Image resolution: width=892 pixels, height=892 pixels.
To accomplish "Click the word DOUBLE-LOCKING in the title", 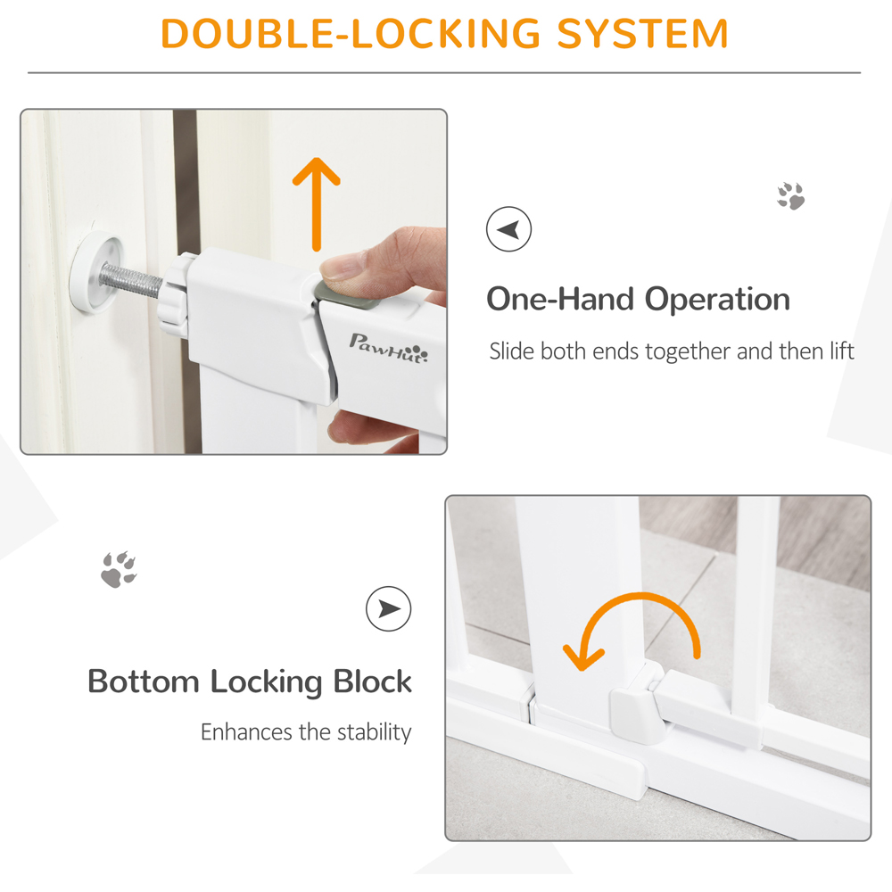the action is coord(351,34).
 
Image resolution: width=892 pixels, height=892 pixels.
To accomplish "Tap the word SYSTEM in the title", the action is coord(643,34).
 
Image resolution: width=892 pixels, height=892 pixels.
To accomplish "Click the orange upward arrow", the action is coord(317,204).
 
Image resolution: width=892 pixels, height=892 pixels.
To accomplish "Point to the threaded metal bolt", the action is coord(132,280).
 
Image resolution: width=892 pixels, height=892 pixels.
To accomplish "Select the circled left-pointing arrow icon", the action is coord(508,228).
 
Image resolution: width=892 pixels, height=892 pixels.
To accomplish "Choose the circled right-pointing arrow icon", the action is coord(389,608).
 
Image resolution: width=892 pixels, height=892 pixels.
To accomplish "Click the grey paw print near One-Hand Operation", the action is coord(791,195).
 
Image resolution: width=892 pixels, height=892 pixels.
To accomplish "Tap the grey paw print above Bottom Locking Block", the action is coord(119,569).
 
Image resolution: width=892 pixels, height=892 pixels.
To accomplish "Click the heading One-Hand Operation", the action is coord(639,299).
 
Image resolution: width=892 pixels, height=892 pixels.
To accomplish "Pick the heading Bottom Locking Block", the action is coord(249,681).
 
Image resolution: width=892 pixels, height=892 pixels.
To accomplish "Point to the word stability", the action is coord(375,732).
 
